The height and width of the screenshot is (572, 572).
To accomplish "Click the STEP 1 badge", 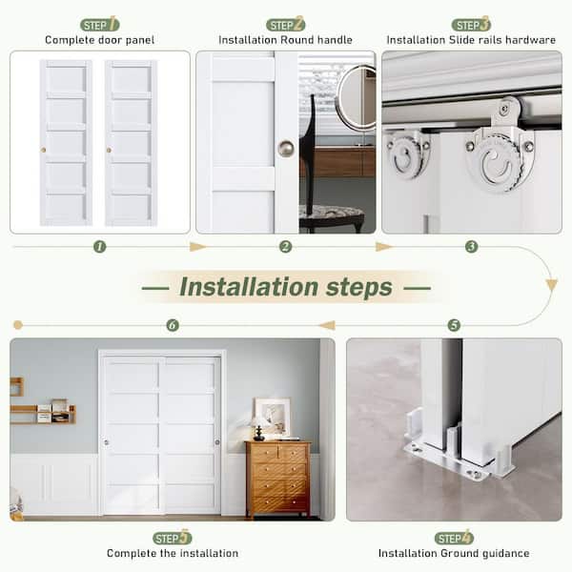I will coord(100,24).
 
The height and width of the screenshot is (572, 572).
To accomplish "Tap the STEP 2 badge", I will coord(286,24).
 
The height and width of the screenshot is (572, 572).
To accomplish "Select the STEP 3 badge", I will coord(471,24).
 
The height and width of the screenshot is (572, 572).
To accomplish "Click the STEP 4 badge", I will coord(454,538).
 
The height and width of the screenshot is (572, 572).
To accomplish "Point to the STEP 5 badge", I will coord(173,538).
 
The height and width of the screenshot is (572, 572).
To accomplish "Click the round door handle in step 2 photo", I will coord(285,148).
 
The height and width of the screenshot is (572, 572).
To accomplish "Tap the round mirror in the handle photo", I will coord(357,97).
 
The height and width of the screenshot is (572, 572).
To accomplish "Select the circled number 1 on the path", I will coord(100,247).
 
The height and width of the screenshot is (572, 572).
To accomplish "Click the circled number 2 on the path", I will coord(285,247).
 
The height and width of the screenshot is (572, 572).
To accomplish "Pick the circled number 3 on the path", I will coord(471,247).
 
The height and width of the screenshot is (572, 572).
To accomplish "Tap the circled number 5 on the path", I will coord(454,325).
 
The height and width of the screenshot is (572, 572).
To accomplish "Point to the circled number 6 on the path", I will coord(173,325).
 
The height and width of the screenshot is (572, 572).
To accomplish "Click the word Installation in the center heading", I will coord(239,287).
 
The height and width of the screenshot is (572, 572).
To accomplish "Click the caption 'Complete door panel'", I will coord(100,40).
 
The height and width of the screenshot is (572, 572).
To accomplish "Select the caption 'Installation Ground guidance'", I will coord(454,553).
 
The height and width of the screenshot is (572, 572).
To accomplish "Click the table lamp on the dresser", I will coord(258,427).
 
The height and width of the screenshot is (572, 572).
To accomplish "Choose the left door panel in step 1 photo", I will coord(66,143).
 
